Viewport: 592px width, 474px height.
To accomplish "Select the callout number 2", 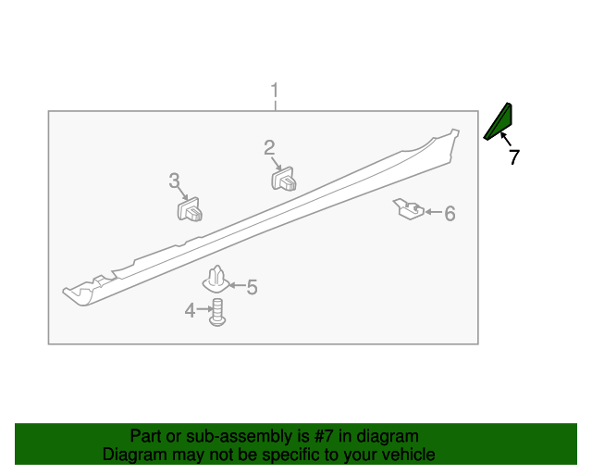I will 269,147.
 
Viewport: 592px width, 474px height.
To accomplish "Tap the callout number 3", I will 174,181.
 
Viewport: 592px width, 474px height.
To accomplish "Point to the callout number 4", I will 190,311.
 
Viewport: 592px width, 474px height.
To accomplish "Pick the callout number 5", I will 252,288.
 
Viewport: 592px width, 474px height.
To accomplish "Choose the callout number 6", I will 450,214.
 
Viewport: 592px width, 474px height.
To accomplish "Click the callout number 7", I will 514,157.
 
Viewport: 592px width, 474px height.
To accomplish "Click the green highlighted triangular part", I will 501,121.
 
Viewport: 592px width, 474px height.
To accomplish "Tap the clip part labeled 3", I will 191,212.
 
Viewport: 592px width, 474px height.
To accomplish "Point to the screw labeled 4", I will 218,312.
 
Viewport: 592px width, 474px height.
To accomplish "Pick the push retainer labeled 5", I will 216,278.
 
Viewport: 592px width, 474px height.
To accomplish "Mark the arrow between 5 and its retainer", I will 235,287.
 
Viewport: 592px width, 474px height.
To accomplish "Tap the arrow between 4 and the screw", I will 204,311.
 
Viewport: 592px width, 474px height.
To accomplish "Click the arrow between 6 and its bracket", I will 431,213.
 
